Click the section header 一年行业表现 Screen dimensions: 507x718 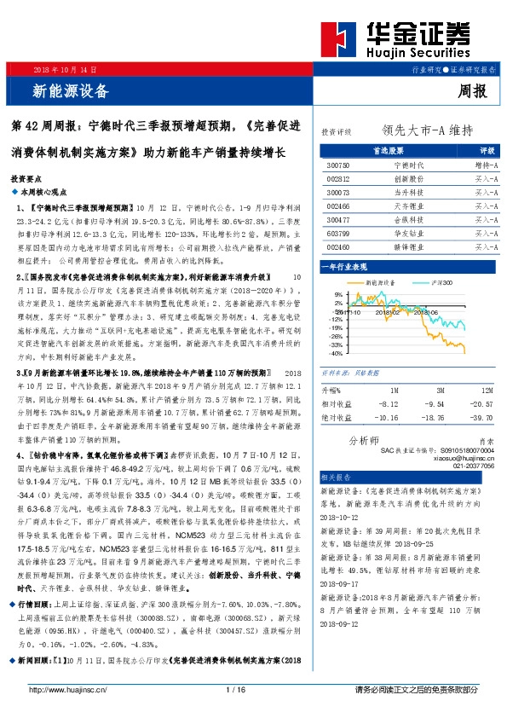(343, 267)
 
